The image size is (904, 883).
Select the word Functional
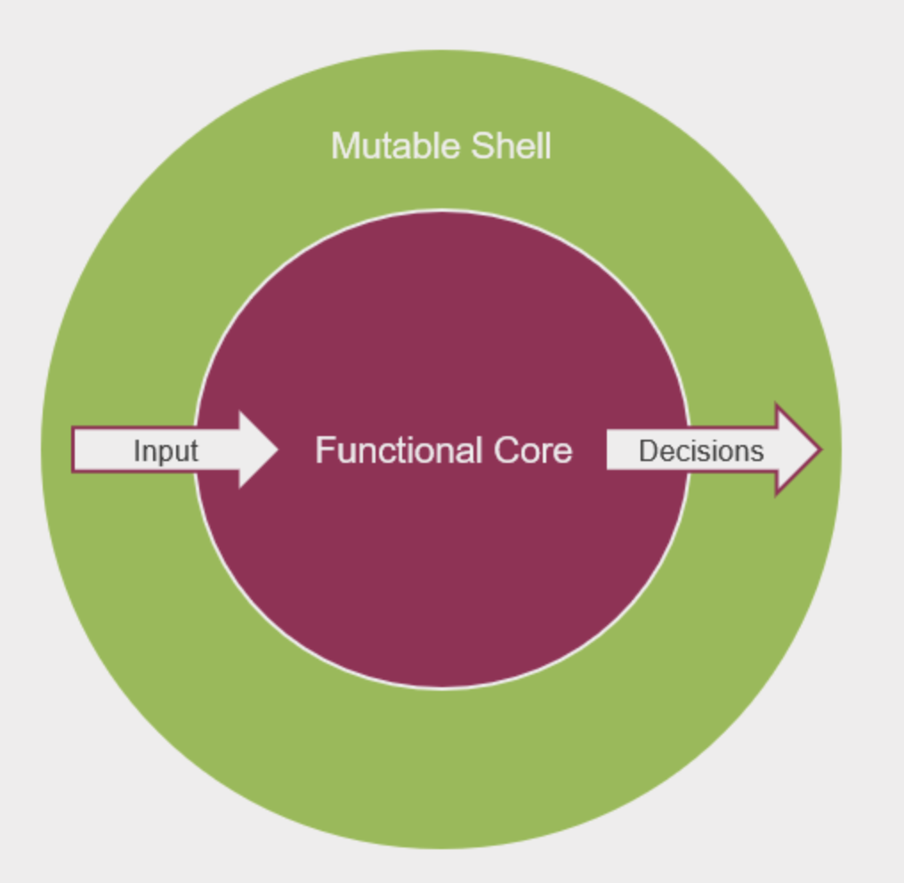coord(398,450)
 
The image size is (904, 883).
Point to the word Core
coord(533,450)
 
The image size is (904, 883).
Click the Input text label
coord(165,450)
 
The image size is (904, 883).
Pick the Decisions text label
coord(700,450)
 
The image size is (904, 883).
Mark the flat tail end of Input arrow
coord(75,450)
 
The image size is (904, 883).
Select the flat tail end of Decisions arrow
coord(609,450)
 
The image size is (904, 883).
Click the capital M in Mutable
coord(343,146)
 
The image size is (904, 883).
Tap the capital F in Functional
coord(322,450)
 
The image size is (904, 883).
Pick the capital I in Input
coord(136,450)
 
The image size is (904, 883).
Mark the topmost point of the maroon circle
coord(442,211)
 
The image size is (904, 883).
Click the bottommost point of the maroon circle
coord(442,688)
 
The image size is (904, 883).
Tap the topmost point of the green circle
coord(441,50)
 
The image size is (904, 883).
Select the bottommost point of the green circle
coord(441,848)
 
